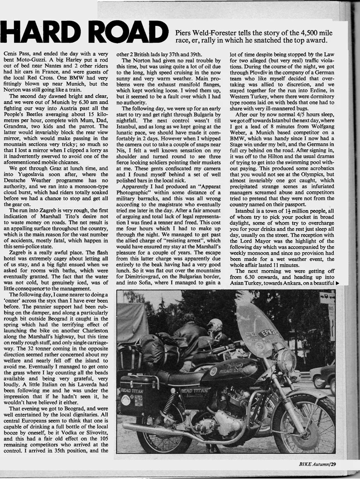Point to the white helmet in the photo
point(215,325)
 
